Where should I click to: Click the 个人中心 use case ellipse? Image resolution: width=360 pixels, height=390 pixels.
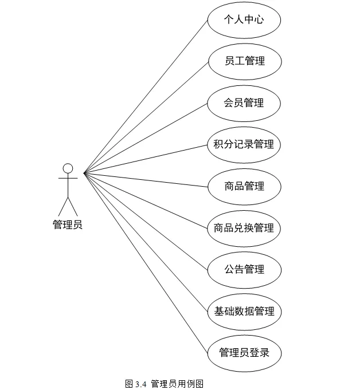244,19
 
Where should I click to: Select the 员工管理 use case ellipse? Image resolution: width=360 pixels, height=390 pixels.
244,61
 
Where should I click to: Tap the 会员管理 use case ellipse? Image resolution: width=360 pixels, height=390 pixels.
244,103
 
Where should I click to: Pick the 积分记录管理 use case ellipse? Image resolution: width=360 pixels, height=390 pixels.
244,144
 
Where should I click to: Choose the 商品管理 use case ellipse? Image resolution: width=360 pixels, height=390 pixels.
244,186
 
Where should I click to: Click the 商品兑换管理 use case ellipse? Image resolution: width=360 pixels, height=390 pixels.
244,228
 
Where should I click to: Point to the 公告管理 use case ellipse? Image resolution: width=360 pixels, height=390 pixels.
244,269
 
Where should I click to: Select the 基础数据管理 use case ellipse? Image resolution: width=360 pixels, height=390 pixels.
244,312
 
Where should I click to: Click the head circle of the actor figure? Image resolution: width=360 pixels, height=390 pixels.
68,168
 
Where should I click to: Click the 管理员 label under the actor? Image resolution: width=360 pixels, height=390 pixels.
68,224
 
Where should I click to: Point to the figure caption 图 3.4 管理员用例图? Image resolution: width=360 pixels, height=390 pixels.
165,384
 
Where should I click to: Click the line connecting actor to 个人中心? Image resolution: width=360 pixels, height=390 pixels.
145,96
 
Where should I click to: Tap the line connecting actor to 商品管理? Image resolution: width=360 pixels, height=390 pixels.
145,179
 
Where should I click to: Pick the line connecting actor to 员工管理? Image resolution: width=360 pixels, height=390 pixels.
145,117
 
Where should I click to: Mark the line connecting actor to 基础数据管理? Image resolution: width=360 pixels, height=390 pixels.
145,242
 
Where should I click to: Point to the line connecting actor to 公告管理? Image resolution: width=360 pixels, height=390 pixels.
145,220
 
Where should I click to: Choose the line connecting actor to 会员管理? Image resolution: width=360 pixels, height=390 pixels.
145,138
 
